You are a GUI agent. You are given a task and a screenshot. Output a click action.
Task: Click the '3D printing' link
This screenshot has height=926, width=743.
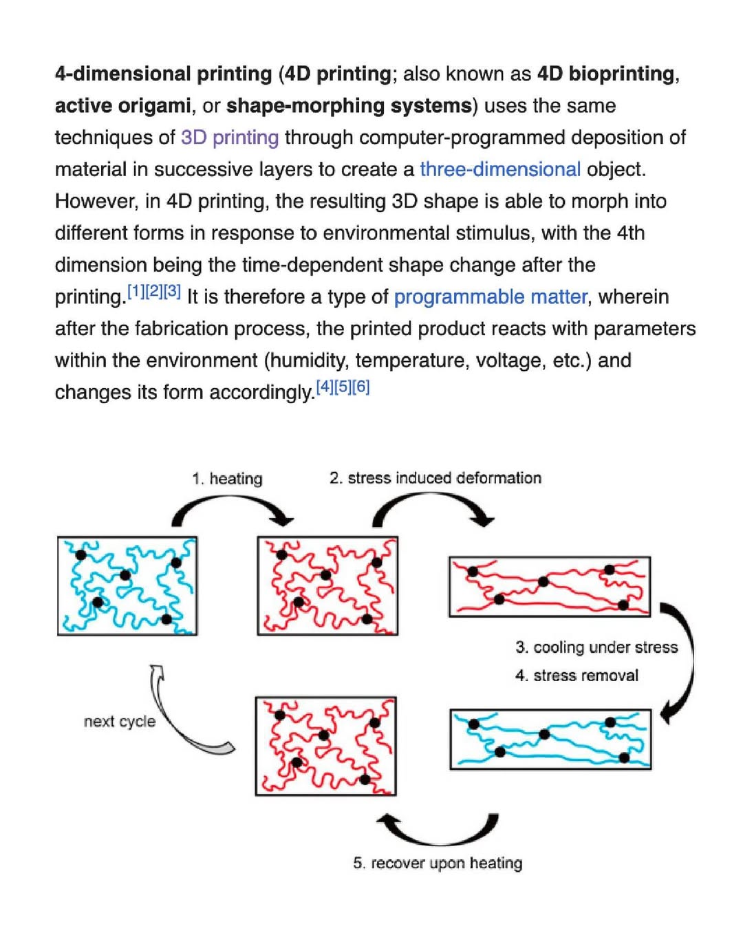tap(229, 138)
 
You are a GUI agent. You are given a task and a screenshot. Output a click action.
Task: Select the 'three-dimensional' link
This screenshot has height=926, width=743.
tap(499, 169)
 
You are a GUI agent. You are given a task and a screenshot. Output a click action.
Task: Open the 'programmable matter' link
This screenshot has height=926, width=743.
tap(491, 297)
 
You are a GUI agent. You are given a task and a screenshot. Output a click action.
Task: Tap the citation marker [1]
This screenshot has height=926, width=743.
tap(136, 291)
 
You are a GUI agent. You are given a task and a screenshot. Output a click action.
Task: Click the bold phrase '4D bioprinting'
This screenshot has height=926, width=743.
tap(605, 74)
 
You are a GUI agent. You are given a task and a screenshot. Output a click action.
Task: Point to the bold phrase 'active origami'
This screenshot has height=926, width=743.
tap(122, 106)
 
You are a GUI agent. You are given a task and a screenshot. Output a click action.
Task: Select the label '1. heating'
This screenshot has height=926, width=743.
tap(227, 478)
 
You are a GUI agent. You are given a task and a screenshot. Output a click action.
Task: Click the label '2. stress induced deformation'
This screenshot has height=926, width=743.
tap(435, 477)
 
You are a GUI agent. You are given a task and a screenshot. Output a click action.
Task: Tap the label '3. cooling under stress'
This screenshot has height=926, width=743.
tap(596, 647)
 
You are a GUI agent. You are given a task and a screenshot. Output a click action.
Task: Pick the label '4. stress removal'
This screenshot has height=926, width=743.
tap(577, 676)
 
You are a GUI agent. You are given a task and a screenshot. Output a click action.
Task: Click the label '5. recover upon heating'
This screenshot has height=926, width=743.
tap(438, 863)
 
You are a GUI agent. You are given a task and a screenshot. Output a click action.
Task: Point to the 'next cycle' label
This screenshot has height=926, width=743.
tap(120, 722)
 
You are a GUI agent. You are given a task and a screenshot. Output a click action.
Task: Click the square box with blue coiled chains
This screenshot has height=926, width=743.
tap(127, 585)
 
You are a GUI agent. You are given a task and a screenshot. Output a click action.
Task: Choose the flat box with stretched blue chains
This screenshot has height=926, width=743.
tap(550, 739)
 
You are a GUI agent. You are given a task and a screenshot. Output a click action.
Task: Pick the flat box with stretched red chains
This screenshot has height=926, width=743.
tap(549, 586)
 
